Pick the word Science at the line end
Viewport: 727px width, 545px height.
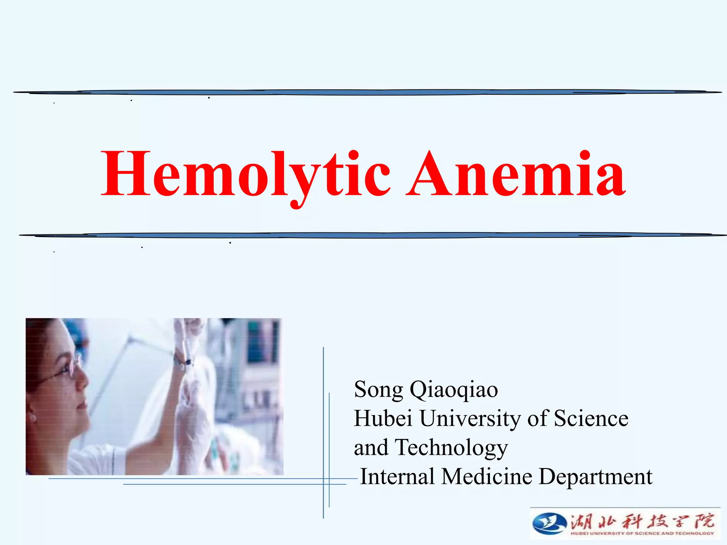click(x=591, y=418)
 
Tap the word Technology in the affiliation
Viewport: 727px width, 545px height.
click(x=451, y=448)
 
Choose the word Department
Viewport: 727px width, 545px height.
click(x=595, y=477)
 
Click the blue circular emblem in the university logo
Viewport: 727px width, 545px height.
click(x=549, y=523)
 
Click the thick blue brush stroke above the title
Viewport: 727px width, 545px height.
click(x=366, y=92)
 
